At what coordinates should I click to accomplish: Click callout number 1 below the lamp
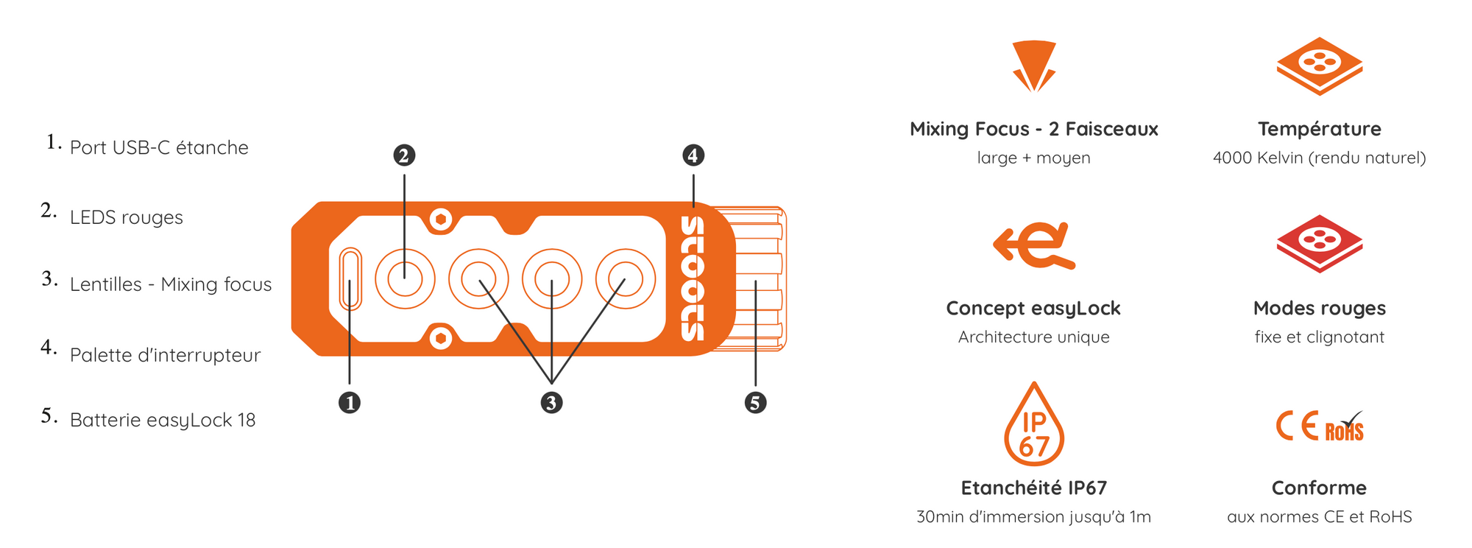click(x=350, y=403)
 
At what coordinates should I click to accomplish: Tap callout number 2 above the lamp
click(x=404, y=155)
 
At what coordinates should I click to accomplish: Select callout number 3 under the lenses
click(x=551, y=403)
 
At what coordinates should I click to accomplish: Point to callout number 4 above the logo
click(x=693, y=155)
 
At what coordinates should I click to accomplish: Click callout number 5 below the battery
click(x=755, y=403)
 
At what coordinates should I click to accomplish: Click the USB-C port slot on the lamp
click(x=350, y=279)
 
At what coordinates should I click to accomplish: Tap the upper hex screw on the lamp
click(x=441, y=219)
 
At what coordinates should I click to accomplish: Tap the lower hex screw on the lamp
click(x=441, y=338)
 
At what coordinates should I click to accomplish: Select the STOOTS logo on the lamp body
click(x=693, y=278)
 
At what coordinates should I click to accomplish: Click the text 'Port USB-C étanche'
click(x=159, y=147)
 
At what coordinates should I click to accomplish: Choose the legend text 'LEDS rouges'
click(x=127, y=217)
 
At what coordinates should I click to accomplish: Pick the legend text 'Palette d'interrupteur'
click(x=166, y=355)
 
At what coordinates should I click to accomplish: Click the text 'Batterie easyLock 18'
click(x=163, y=420)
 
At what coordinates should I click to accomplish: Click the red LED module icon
click(x=1320, y=244)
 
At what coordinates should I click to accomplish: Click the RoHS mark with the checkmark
click(x=1345, y=426)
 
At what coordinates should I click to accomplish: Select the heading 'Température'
click(x=1320, y=129)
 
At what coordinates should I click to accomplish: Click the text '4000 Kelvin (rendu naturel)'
click(x=1320, y=158)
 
